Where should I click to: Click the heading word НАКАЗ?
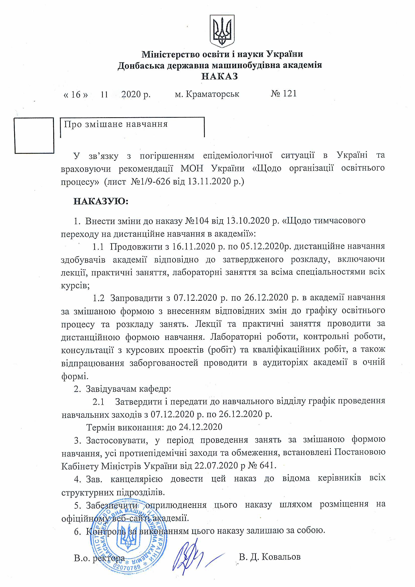pos(220,76)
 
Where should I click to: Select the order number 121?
pos(290,94)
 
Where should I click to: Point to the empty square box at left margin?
pos(34,136)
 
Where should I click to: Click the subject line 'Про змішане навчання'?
pos(116,124)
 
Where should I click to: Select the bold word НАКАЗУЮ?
pos(101,201)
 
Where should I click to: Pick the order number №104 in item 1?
pos(197,221)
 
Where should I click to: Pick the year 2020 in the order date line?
pos(131,94)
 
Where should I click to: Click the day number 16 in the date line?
pos(76,95)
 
